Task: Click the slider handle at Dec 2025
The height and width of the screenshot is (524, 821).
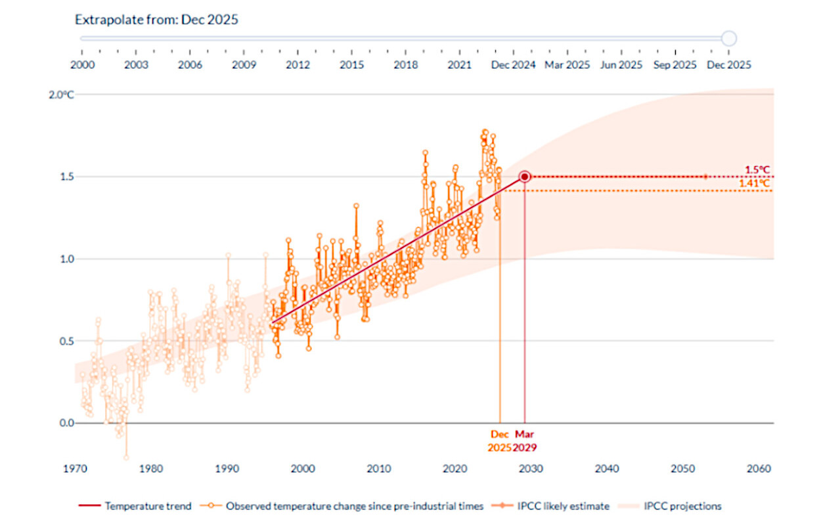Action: (x=728, y=38)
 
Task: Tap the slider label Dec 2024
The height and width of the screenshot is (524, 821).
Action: (x=513, y=65)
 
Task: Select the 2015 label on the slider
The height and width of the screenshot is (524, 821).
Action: (x=351, y=65)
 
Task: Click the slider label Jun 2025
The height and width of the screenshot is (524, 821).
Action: (x=621, y=65)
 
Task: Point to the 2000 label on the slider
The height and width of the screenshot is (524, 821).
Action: (x=82, y=65)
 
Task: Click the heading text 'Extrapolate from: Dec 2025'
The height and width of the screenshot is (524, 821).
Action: (x=156, y=20)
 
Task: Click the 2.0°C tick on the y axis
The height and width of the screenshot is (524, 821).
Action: (x=62, y=95)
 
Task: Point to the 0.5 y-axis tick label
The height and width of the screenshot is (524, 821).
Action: (x=67, y=341)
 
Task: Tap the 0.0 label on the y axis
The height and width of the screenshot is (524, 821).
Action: (x=67, y=423)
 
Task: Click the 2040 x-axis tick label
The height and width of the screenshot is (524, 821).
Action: (x=607, y=469)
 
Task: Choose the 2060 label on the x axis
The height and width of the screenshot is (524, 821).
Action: (x=759, y=469)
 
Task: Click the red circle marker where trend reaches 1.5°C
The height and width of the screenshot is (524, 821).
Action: (x=524, y=177)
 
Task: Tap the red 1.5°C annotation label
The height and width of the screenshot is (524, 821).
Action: (x=757, y=169)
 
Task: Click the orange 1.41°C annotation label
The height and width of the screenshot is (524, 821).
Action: (x=754, y=183)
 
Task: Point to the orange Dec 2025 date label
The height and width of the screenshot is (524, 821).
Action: (x=500, y=441)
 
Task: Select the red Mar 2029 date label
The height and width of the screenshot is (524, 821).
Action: (x=525, y=441)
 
